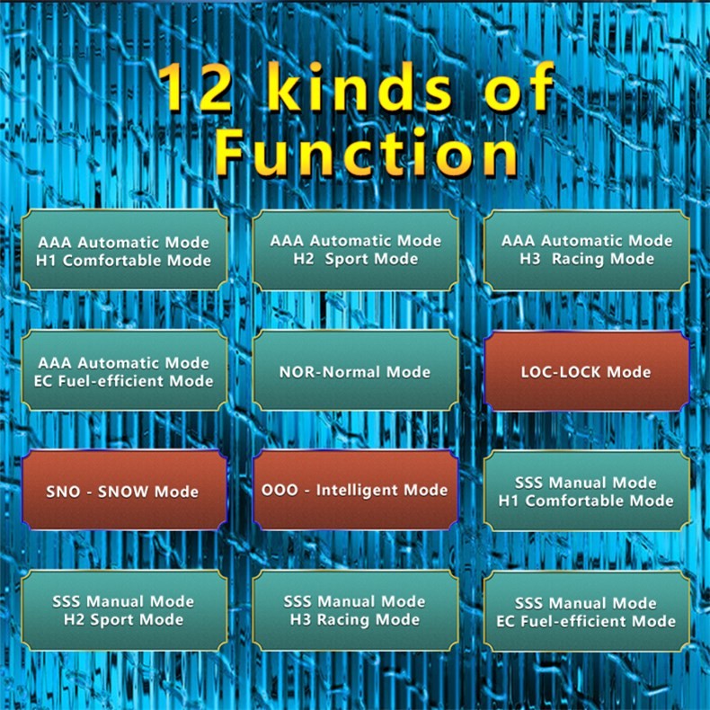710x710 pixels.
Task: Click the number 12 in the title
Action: coord(196,87)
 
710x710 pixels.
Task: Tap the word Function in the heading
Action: coord(366,153)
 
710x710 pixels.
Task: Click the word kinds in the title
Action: coord(360,86)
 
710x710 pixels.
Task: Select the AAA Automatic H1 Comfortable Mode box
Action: coord(124,251)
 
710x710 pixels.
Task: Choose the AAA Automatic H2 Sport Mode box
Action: coord(356,251)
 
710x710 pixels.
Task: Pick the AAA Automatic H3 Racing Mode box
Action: coord(587,251)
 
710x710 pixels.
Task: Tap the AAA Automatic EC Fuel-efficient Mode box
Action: coord(124,371)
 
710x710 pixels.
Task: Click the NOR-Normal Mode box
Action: coord(356,371)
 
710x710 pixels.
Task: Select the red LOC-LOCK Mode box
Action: coord(587,371)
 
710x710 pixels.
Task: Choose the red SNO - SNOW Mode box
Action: coord(124,491)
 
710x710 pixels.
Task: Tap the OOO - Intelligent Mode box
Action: coord(356,491)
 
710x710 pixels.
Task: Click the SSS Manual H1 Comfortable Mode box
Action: coord(587,492)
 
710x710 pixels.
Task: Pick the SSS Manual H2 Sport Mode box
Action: coord(124,611)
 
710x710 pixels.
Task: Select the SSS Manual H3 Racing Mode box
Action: coord(356,611)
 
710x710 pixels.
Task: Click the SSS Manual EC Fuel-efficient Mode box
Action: coord(587,611)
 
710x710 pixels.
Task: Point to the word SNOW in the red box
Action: coord(123,492)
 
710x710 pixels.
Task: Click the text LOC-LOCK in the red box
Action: coord(561,372)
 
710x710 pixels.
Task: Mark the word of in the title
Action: coord(519,86)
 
